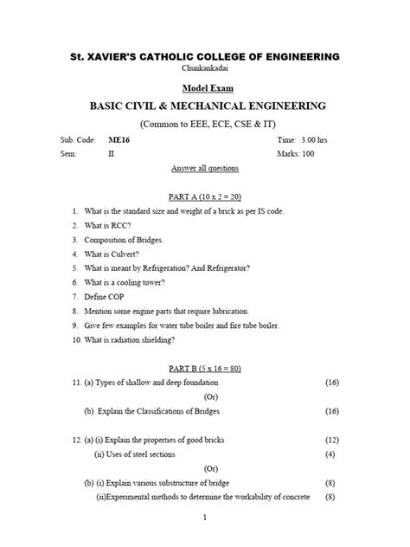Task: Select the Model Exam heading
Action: click(x=205, y=87)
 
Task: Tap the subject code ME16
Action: click(x=119, y=138)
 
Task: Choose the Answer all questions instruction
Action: click(x=205, y=168)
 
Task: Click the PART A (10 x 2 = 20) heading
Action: click(x=205, y=197)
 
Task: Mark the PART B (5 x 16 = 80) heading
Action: click(x=205, y=368)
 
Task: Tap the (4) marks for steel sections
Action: click(x=330, y=454)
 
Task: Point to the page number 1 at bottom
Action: click(x=205, y=518)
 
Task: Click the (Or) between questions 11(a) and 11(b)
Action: click(x=205, y=396)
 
